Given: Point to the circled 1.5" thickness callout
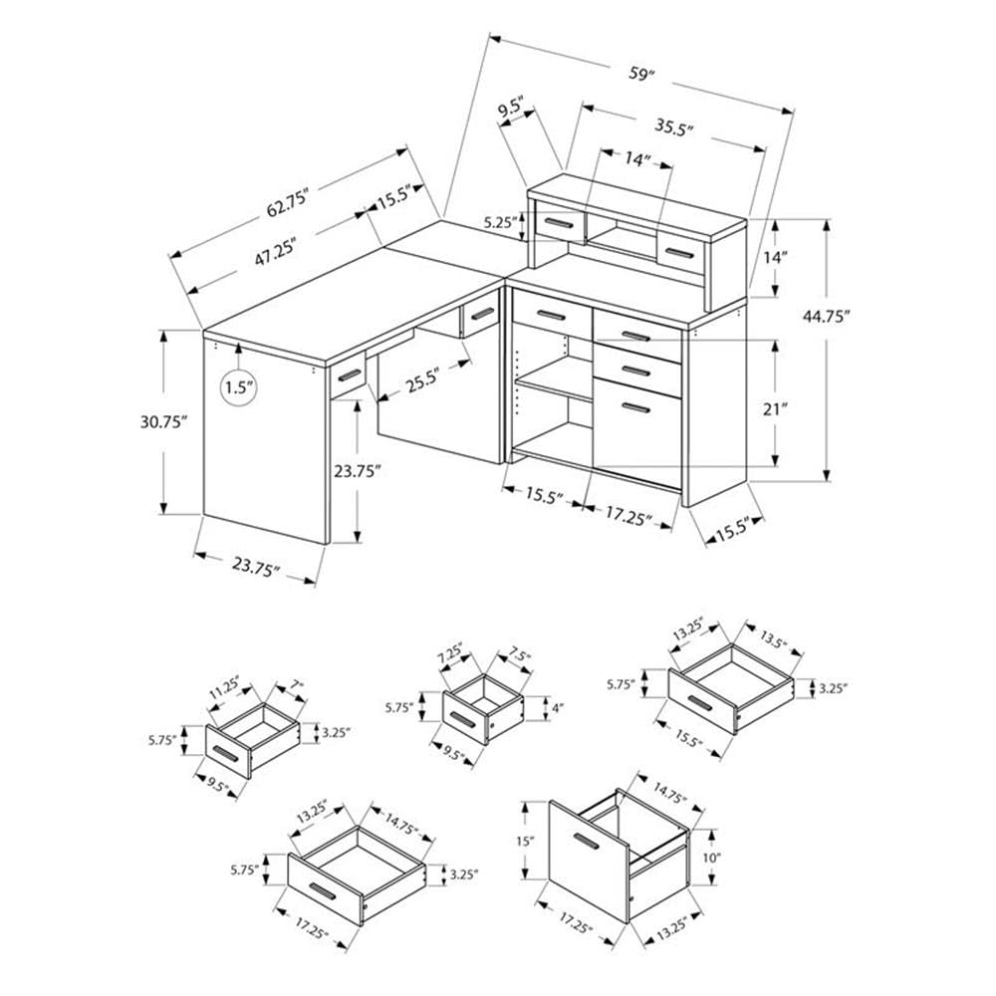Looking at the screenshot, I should tap(237, 387).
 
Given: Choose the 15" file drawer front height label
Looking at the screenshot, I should tap(526, 842).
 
